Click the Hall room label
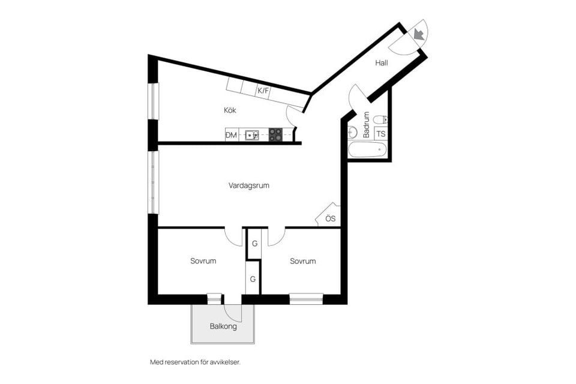382,62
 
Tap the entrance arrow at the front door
419,34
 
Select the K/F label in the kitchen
263,91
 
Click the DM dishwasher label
231,135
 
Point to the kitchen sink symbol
253,135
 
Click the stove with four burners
275,135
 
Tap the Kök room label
230,110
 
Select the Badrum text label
366,125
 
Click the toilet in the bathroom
380,119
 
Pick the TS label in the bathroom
381,134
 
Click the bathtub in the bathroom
368,149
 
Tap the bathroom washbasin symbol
352,131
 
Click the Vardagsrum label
249,185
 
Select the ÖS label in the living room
330,218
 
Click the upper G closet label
254,244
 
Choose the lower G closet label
253,279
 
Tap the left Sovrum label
203,261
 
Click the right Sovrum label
302,261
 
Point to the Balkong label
223,327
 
